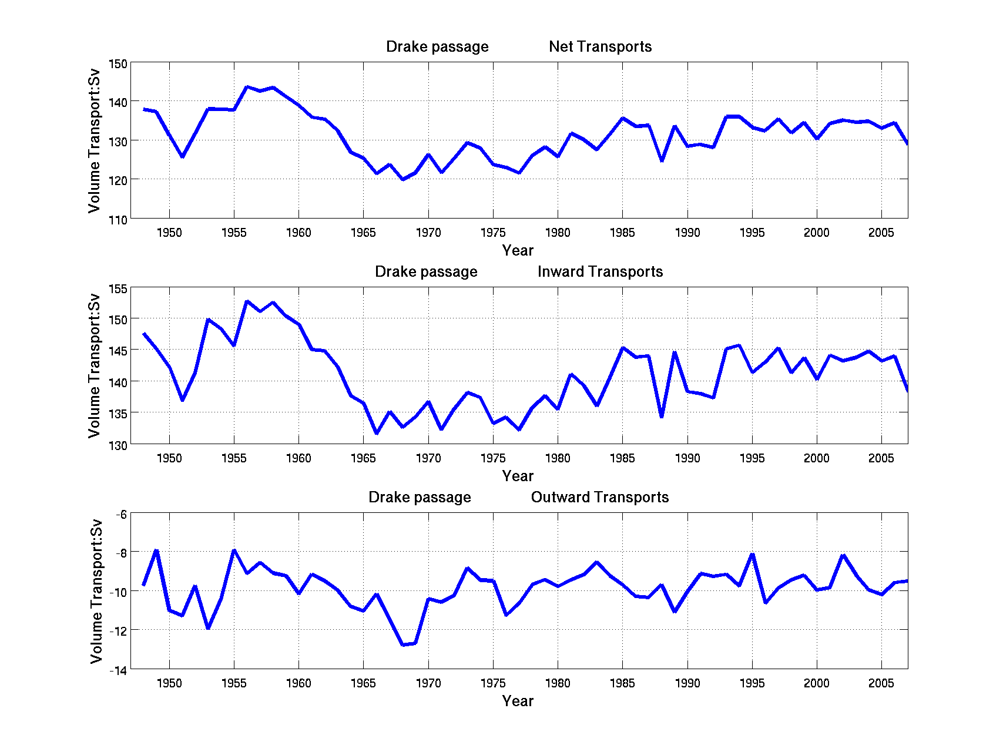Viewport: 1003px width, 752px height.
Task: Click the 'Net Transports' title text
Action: [x=600, y=47]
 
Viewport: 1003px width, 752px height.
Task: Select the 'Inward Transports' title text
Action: [x=600, y=272]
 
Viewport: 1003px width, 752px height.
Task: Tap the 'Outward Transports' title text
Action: [x=600, y=498]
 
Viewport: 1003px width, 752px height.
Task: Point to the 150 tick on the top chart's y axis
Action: [x=118, y=63]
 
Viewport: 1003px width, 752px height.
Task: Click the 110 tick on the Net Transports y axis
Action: [x=118, y=220]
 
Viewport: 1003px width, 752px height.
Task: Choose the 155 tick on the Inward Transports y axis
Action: [x=118, y=289]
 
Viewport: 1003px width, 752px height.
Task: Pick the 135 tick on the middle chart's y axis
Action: [x=118, y=414]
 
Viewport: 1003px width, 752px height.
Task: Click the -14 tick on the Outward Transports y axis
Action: [x=118, y=670]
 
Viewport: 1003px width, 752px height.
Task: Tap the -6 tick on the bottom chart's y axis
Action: [x=120, y=515]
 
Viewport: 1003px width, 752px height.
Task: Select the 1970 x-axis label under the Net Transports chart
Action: [x=428, y=233]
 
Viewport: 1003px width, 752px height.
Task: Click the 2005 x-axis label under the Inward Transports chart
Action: [x=881, y=458]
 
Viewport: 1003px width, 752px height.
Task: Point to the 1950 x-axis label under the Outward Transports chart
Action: [x=169, y=683]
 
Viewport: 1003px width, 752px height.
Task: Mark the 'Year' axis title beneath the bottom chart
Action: [x=518, y=701]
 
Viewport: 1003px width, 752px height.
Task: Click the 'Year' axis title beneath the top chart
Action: [x=518, y=251]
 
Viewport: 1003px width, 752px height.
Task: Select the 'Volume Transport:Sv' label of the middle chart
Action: [x=95, y=366]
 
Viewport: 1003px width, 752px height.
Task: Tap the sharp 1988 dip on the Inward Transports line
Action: [x=662, y=416]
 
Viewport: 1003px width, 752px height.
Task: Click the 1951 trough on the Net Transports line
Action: [x=182, y=156]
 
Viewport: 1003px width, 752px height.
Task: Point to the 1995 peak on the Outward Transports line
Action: [x=752, y=555]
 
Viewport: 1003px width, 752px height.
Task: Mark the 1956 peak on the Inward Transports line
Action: [x=247, y=301]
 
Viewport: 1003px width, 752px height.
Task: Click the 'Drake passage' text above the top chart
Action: [x=437, y=47]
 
